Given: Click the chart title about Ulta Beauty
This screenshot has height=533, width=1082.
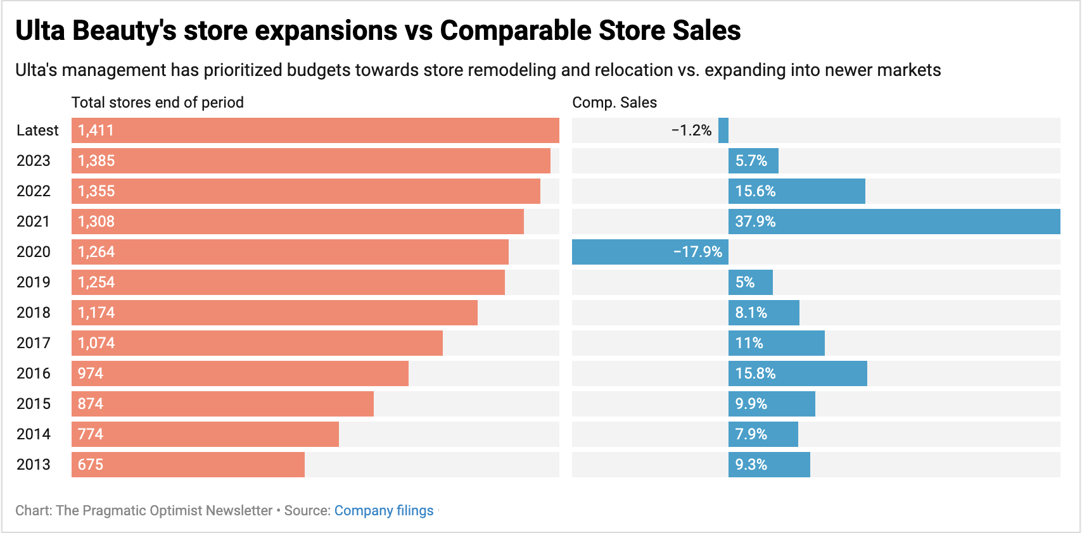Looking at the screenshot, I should coord(378,30).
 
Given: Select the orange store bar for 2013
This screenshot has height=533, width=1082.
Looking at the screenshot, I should coord(188,465).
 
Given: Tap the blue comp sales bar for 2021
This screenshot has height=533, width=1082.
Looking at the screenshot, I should coord(894,222).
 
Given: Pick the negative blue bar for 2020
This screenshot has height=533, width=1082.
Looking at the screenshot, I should coord(650,252).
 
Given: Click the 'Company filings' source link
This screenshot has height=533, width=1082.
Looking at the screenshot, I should coord(384,511).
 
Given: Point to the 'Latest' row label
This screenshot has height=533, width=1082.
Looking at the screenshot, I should coord(37,130).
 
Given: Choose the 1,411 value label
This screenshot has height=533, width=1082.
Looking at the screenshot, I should coord(96,130).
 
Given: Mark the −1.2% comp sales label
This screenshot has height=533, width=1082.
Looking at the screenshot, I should coord(691,130).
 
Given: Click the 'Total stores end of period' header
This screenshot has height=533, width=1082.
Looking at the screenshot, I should coord(157,103).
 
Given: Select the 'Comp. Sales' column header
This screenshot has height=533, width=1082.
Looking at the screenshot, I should coord(614,103).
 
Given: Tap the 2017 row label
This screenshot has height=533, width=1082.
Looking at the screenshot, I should coord(34,343).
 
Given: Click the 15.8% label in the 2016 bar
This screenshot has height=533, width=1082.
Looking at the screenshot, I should coord(755,373).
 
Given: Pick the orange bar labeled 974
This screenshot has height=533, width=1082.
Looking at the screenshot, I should coord(240,373).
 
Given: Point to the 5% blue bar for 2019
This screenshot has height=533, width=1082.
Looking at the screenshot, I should coord(751,282).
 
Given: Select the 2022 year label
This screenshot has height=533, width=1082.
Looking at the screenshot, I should coord(34,191).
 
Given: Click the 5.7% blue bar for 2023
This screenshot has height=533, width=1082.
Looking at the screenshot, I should coord(753,161).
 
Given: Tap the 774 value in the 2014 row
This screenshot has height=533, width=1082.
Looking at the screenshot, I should coord(91,434).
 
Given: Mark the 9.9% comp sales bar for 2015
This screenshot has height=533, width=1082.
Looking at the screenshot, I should coord(772,404).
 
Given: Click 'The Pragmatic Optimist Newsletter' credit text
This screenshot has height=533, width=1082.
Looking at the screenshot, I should coord(164,511).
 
